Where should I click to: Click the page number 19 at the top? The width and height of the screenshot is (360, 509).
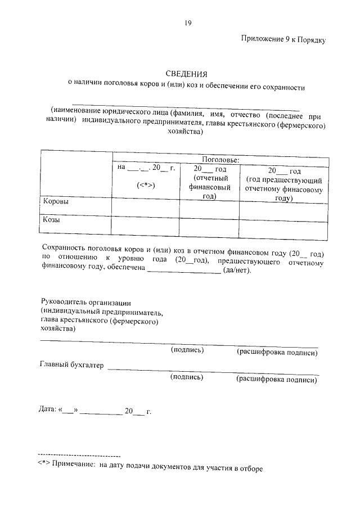188,22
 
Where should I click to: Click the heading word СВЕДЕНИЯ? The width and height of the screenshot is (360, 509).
187,74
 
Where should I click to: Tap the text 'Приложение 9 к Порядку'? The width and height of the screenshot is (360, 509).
283,40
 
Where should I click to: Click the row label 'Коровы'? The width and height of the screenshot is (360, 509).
56,201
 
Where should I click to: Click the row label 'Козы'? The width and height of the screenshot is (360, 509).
52,220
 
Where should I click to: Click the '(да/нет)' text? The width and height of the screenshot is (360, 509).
237,271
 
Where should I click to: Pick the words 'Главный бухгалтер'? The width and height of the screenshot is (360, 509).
71,366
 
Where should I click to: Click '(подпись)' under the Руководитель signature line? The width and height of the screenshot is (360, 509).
187,350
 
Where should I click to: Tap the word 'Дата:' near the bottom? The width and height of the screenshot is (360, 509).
47,412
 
